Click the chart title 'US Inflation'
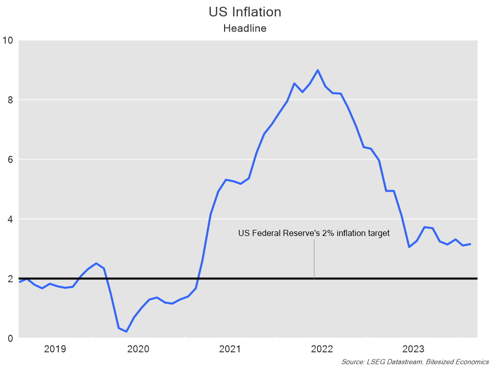245,12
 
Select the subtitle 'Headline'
245,29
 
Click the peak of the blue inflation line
317,70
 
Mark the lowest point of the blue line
126,331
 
